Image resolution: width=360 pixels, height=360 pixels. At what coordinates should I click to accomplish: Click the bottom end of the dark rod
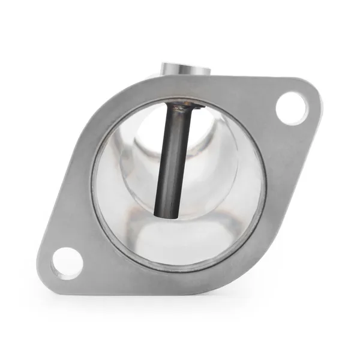[x=166, y=212]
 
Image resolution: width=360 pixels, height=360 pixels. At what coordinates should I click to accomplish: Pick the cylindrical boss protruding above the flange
[x=185, y=68]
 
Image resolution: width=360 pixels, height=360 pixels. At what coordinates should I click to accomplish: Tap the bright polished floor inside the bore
[x=180, y=240]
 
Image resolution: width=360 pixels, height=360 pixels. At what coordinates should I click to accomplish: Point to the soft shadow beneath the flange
[x=180, y=303]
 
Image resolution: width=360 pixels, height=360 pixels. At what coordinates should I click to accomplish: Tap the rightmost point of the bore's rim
[x=266, y=180]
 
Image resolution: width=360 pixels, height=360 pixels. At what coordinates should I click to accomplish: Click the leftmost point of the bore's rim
[x=93, y=186]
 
